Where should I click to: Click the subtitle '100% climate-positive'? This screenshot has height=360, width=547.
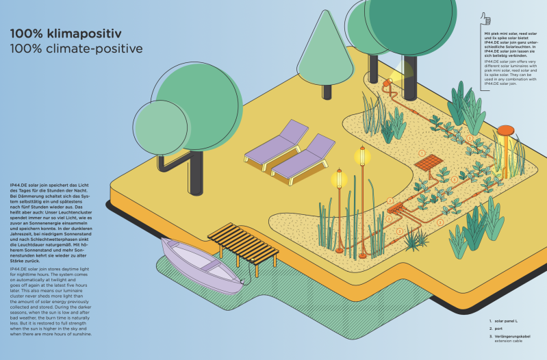coord(75,49)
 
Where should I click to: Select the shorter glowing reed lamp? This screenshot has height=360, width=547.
coord(337,181)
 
